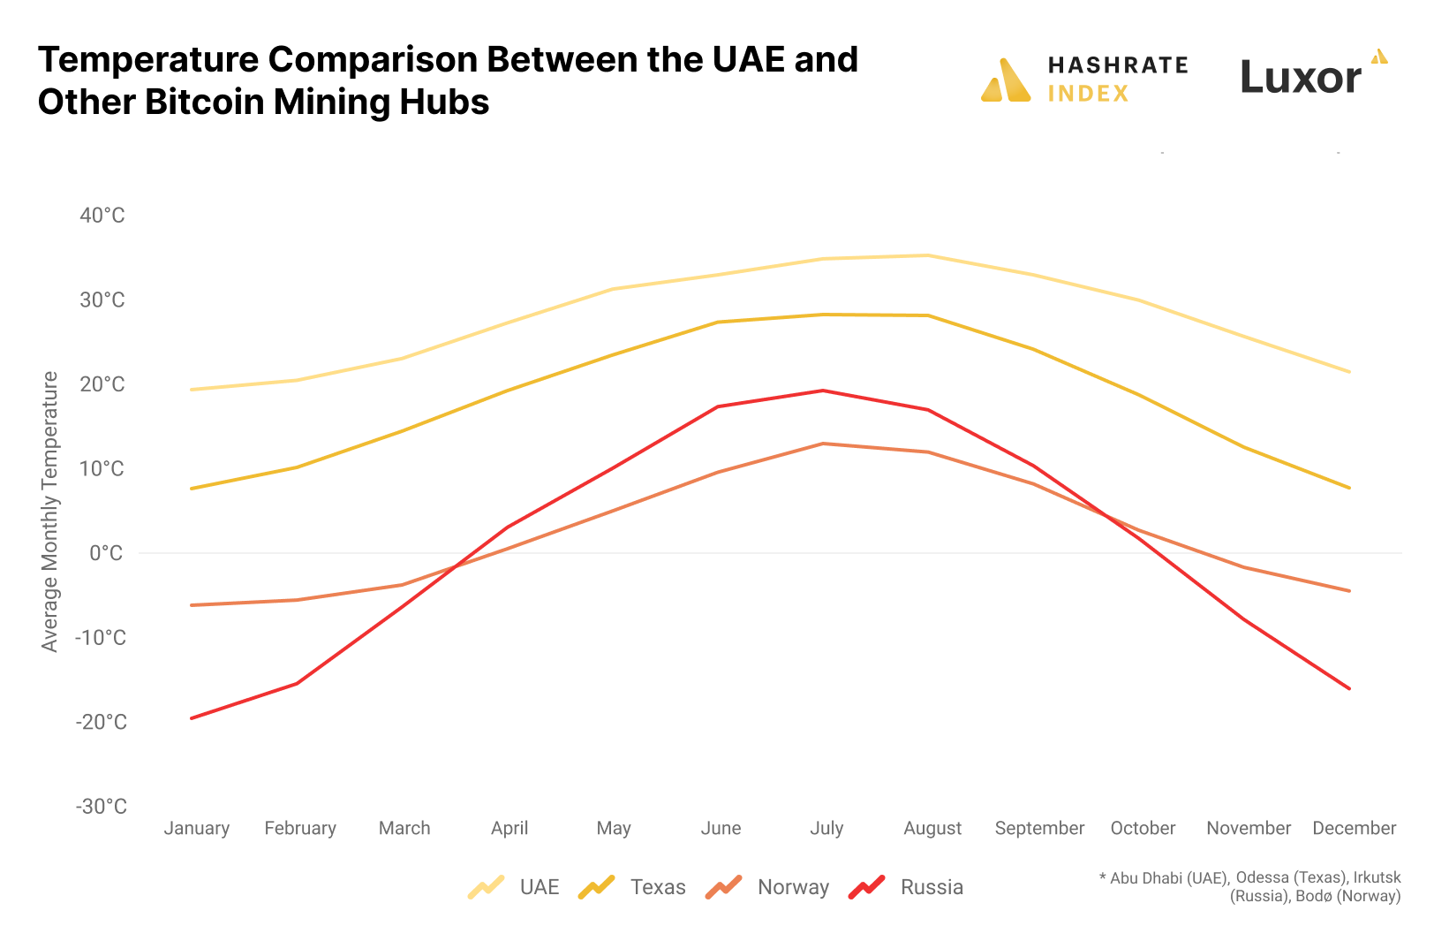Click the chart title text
click(x=448, y=80)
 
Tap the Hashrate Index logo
click(x=1084, y=80)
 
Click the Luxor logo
click(x=1312, y=74)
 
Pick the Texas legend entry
click(x=632, y=887)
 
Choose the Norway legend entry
click(x=767, y=887)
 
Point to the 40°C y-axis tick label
click(x=102, y=216)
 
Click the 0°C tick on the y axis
click(x=106, y=553)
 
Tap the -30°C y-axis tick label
click(x=101, y=806)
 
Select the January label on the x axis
click(x=196, y=828)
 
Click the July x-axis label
click(x=826, y=828)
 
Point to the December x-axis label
click(x=1354, y=828)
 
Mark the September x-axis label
click(x=1039, y=828)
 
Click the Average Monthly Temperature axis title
click(x=49, y=512)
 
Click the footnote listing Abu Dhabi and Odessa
click(x=1249, y=886)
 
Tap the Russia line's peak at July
click(x=823, y=391)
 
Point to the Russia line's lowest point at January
click(x=192, y=717)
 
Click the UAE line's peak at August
click(x=928, y=255)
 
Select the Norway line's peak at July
click(x=823, y=444)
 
